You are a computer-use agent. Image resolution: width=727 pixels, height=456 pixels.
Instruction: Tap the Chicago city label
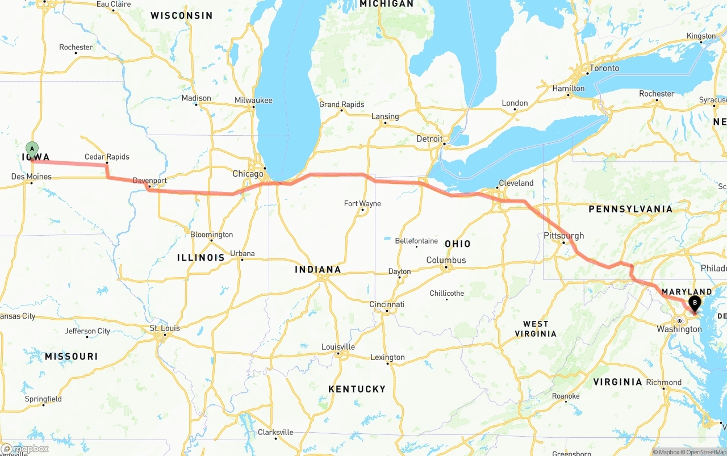(248, 174)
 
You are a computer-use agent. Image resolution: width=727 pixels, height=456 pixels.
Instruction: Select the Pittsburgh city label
(563, 236)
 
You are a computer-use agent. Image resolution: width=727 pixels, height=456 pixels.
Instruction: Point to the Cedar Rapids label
(107, 157)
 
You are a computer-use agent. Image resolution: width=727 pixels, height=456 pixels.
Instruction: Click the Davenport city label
(150, 181)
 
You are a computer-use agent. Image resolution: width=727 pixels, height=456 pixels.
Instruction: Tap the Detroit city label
(429, 139)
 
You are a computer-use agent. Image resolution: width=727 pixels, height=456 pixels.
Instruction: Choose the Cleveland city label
(516, 183)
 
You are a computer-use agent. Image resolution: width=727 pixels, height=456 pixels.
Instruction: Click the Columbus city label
(446, 260)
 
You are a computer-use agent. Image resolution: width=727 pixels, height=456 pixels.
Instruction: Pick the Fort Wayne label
(362, 204)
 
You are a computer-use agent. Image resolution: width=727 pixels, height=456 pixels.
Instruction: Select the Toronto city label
(604, 68)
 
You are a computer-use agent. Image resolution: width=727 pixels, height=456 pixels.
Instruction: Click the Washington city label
(679, 329)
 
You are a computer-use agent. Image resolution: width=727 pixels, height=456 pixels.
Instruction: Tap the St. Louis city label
(165, 328)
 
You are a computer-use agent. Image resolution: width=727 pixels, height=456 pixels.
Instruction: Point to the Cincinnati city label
(387, 304)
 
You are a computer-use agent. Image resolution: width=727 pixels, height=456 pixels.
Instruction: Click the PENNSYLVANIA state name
(630, 209)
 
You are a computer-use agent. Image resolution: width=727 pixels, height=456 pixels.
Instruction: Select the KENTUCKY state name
(357, 389)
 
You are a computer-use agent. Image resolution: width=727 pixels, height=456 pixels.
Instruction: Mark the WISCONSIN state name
(181, 15)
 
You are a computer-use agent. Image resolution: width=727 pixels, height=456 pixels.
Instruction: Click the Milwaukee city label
(253, 101)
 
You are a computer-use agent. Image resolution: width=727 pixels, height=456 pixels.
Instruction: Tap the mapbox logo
(25, 449)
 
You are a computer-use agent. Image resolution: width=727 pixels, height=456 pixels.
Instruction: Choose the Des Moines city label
(31, 177)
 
